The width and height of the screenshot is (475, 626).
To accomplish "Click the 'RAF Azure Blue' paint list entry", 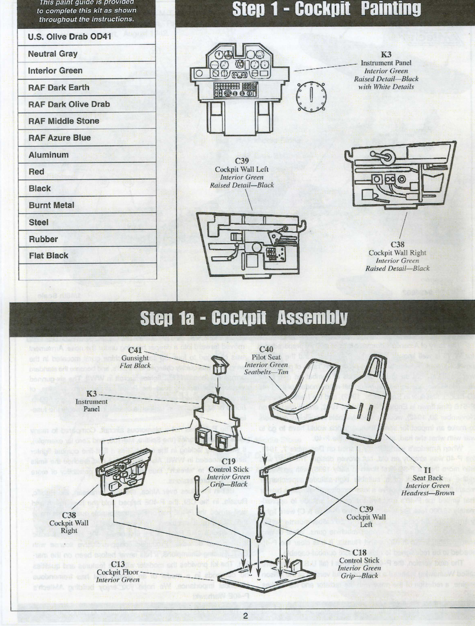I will click(59, 138).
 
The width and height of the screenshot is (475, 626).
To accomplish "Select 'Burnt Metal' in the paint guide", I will click(51, 205).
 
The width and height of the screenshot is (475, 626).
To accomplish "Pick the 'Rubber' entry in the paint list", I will click(43, 239).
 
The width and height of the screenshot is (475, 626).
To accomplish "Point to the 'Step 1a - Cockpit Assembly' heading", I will click(244, 318).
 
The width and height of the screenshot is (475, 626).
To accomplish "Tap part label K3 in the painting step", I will click(386, 55).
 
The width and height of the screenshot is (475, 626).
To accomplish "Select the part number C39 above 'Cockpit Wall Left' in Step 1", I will click(242, 161).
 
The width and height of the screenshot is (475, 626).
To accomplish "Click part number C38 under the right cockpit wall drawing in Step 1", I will click(397, 244).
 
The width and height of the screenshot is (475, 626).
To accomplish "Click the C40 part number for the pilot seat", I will click(266, 349).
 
